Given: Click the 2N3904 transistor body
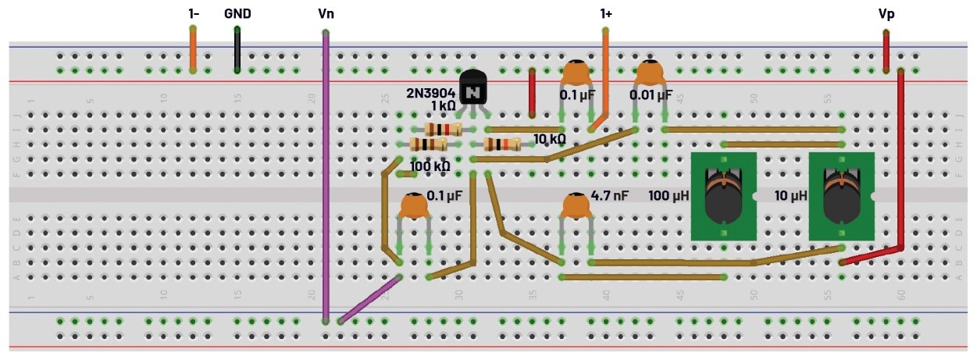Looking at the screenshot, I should (472, 89).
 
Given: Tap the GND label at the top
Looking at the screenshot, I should (237, 14).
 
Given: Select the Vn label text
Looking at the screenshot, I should (326, 14).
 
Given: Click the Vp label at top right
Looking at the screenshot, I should (886, 14).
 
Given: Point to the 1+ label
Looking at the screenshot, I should (605, 14).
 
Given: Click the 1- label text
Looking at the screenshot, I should (193, 14).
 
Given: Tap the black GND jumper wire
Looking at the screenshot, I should (237, 51).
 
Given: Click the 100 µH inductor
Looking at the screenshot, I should (724, 196).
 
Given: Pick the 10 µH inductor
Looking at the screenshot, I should (841, 196).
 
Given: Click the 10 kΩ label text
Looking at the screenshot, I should (549, 140).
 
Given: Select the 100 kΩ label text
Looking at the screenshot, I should (430, 166).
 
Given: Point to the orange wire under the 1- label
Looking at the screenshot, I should (193, 50).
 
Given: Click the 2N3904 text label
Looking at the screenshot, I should (430, 92).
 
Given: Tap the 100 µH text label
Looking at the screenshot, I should (669, 195).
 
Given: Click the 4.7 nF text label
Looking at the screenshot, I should (610, 196).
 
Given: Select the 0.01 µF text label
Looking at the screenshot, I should (651, 95).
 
